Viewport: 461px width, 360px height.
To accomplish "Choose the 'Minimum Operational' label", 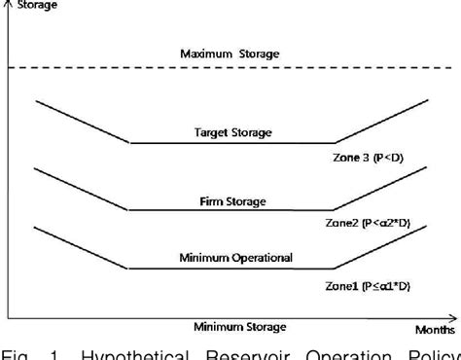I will click(x=236, y=259).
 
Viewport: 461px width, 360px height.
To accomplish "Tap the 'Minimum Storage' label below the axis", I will click(x=239, y=326).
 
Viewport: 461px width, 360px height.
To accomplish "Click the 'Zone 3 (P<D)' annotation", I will click(x=368, y=156).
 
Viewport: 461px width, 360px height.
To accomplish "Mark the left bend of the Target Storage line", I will click(x=129, y=143).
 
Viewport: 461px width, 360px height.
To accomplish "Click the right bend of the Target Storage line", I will click(x=334, y=143).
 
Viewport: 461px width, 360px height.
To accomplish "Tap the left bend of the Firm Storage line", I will click(x=129, y=210).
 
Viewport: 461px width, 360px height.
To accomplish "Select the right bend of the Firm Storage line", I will click(x=334, y=210).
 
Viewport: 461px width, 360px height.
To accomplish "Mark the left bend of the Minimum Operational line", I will click(x=129, y=269).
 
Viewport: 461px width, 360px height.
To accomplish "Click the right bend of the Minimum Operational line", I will click(x=334, y=269).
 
